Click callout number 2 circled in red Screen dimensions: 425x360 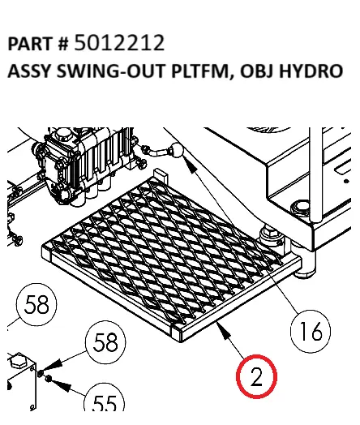coord(256,378)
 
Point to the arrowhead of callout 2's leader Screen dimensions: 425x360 coord(221,326)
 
